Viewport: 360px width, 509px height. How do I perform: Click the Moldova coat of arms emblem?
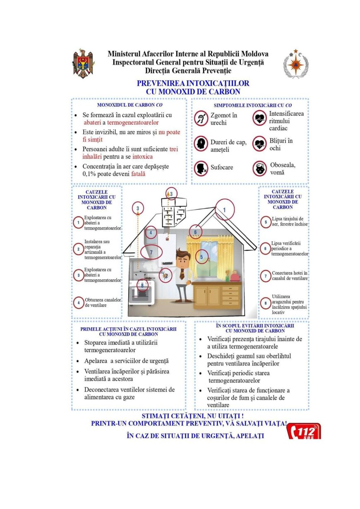[84, 63]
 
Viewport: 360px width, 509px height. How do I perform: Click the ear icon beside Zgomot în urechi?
[201, 118]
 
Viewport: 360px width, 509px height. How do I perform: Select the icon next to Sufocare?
[201, 168]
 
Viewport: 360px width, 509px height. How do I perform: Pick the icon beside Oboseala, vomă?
[260, 168]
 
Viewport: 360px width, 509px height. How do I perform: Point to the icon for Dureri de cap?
[201, 143]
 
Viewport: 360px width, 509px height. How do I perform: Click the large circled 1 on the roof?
[224, 210]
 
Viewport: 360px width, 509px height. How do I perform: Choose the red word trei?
[174, 149]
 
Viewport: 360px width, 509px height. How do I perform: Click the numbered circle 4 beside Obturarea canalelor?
[78, 303]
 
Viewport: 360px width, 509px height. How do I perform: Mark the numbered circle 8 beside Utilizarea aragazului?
[266, 303]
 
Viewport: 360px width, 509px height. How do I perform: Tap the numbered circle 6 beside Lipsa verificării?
[266, 248]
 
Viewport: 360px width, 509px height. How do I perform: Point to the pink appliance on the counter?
[235, 276]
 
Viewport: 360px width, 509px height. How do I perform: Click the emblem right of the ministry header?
[295, 63]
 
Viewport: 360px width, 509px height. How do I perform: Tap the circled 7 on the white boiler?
[151, 252]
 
